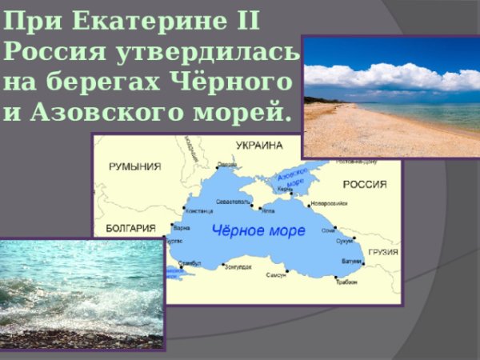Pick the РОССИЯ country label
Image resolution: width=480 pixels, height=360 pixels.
[365, 184]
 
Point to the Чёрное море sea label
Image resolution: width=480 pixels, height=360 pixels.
[258, 231]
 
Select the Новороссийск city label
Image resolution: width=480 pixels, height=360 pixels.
[328, 202]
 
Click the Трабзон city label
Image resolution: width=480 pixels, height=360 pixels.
[346, 281]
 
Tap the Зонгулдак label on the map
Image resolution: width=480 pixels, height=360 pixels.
[239, 266]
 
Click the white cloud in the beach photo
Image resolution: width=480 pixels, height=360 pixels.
[384, 78]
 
